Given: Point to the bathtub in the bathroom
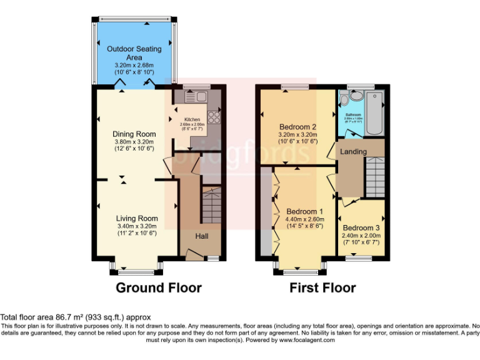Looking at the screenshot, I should coord(374,112).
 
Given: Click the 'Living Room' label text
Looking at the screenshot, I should coord(136,218).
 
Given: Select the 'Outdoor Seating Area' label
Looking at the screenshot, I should coord(134,53).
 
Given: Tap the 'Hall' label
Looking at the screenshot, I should coord(201,236).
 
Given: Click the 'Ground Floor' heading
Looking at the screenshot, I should coord(159,288).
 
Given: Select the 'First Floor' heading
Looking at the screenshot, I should coord(322,288).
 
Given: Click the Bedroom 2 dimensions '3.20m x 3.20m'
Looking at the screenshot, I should coord(297,134).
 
